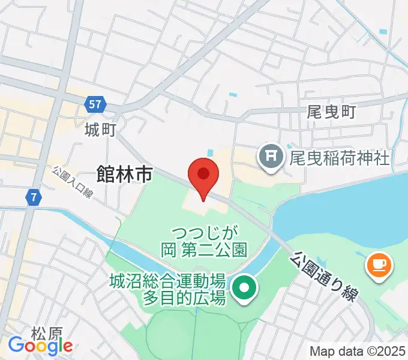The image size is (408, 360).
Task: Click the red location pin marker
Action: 203,176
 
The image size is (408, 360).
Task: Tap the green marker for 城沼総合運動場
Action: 245,289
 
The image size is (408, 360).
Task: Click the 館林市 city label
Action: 124,175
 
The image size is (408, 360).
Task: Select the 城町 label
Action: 100,129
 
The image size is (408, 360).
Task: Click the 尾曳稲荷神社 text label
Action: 340,158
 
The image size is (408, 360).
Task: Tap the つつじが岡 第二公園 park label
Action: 204,240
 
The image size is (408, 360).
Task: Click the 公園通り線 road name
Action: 324,276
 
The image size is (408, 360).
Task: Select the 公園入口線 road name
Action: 71,183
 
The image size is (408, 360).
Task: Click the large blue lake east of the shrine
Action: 348,204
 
